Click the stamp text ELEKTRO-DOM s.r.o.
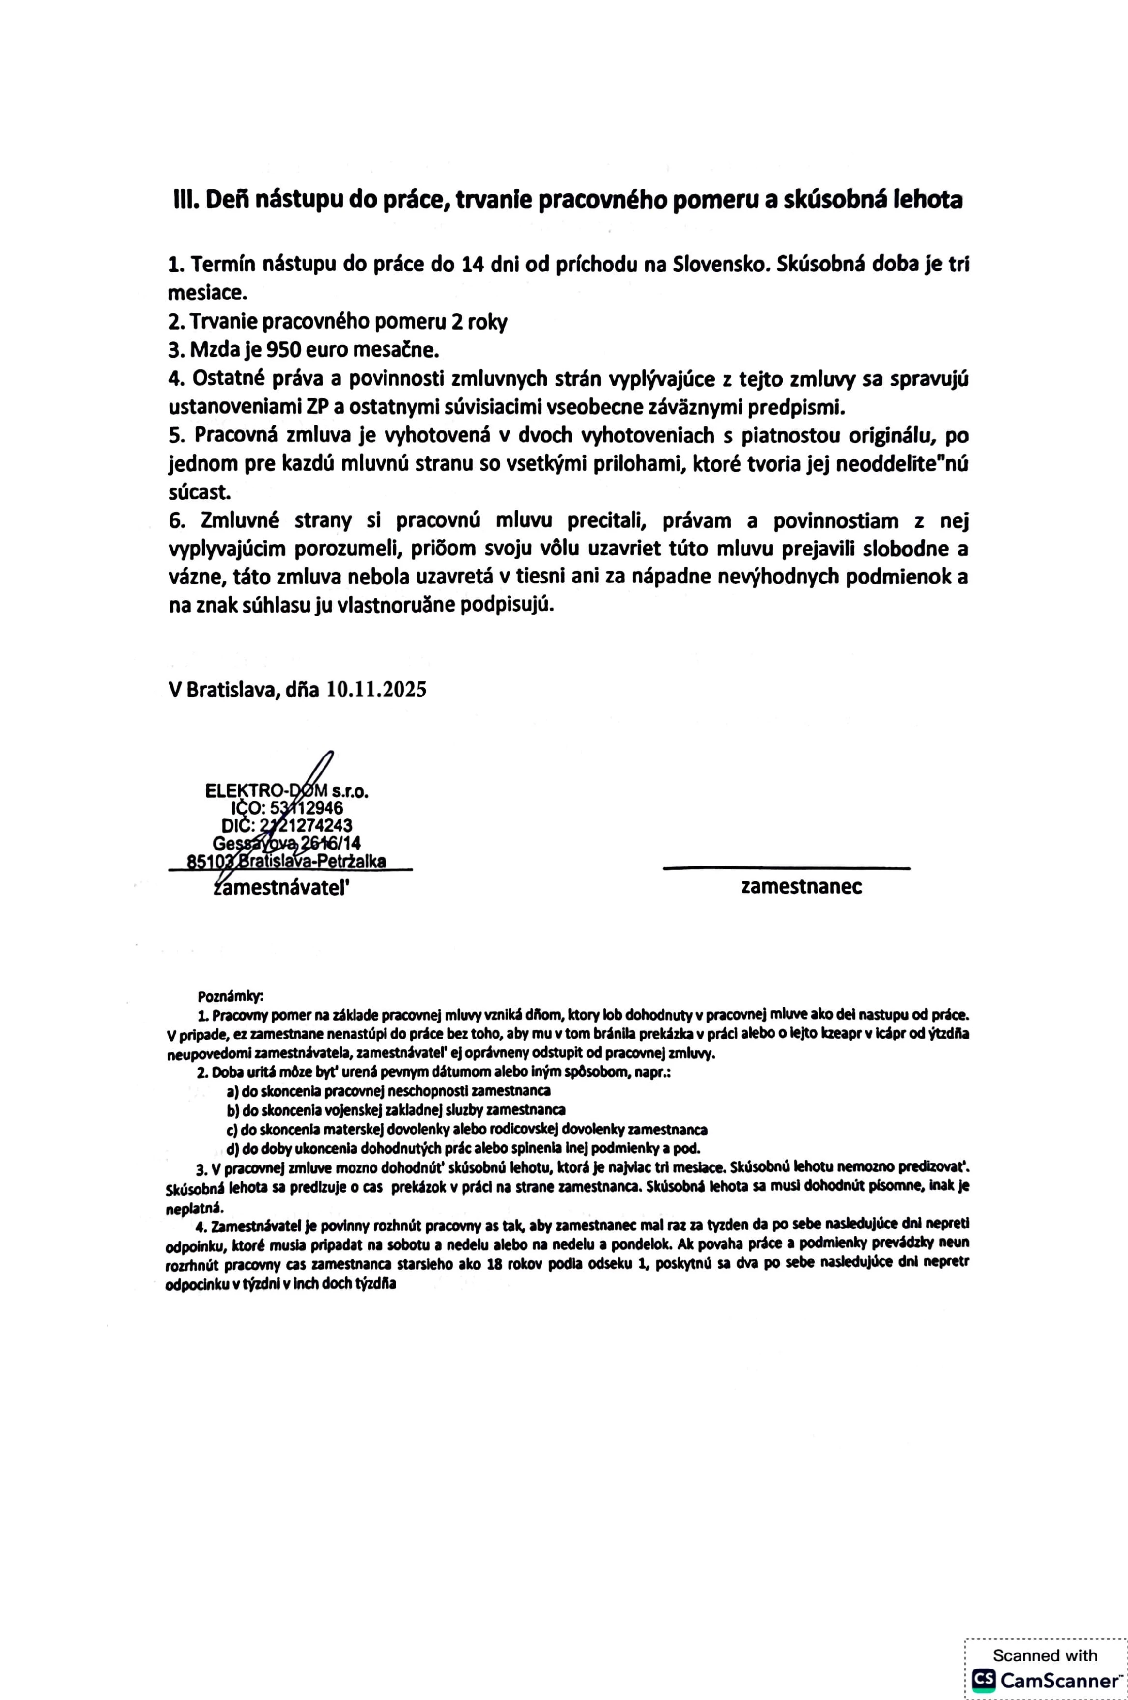pyautogui.click(x=286, y=791)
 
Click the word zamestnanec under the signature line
pyautogui.click(x=801, y=887)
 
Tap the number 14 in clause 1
pyautogui.click(x=471, y=265)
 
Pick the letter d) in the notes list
pyautogui.click(x=233, y=1148)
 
